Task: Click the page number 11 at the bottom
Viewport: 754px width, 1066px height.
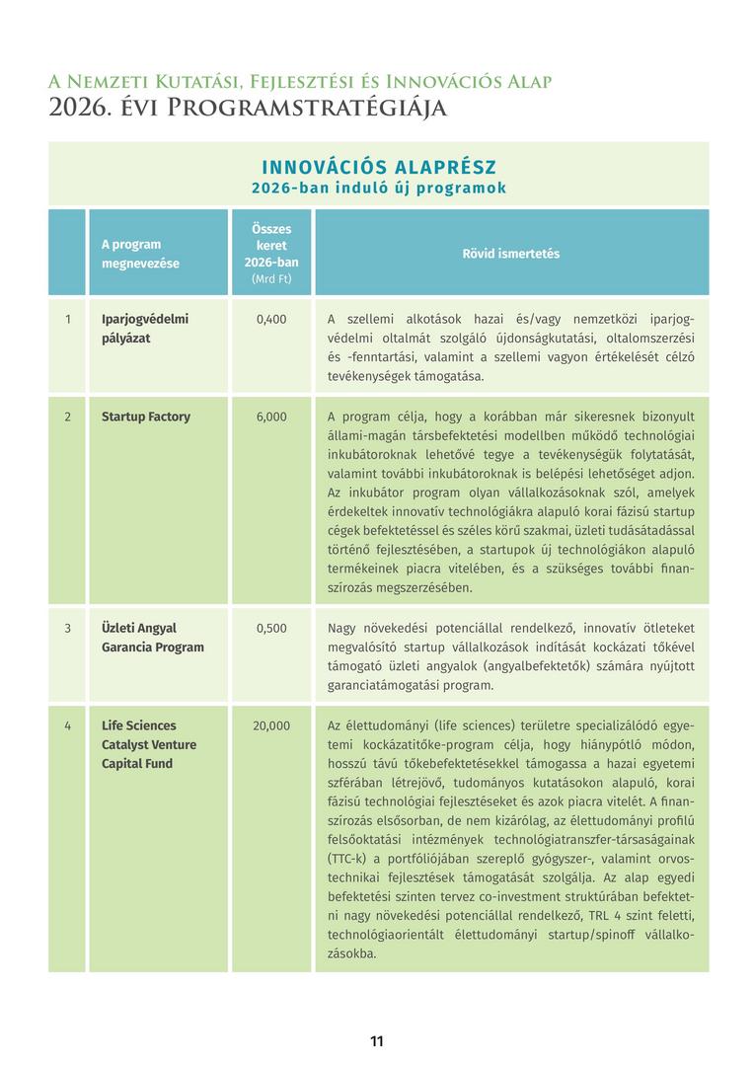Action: [376, 1041]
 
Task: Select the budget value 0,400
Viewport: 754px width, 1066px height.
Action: [271, 319]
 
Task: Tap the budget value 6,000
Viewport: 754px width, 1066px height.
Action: [271, 417]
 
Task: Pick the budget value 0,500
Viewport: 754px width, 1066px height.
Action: [271, 628]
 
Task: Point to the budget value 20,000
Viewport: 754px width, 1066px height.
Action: [271, 725]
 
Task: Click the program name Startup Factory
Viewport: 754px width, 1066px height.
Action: [146, 417]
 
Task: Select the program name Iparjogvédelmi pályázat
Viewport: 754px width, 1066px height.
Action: [144, 329]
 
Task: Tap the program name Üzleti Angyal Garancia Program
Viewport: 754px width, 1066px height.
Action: [152, 638]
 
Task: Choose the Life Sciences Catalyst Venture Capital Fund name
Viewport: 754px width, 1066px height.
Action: [149, 744]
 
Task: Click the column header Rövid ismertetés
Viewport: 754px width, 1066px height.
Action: [511, 254]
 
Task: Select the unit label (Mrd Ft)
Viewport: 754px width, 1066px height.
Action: [271, 278]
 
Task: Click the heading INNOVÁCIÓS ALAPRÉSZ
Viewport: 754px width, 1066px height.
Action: [379, 167]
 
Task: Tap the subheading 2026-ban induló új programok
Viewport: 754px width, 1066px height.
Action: [379, 188]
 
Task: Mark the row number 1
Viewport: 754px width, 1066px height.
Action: [68, 319]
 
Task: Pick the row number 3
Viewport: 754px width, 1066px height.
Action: [68, 628]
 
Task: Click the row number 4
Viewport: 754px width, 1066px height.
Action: [68, 725]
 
